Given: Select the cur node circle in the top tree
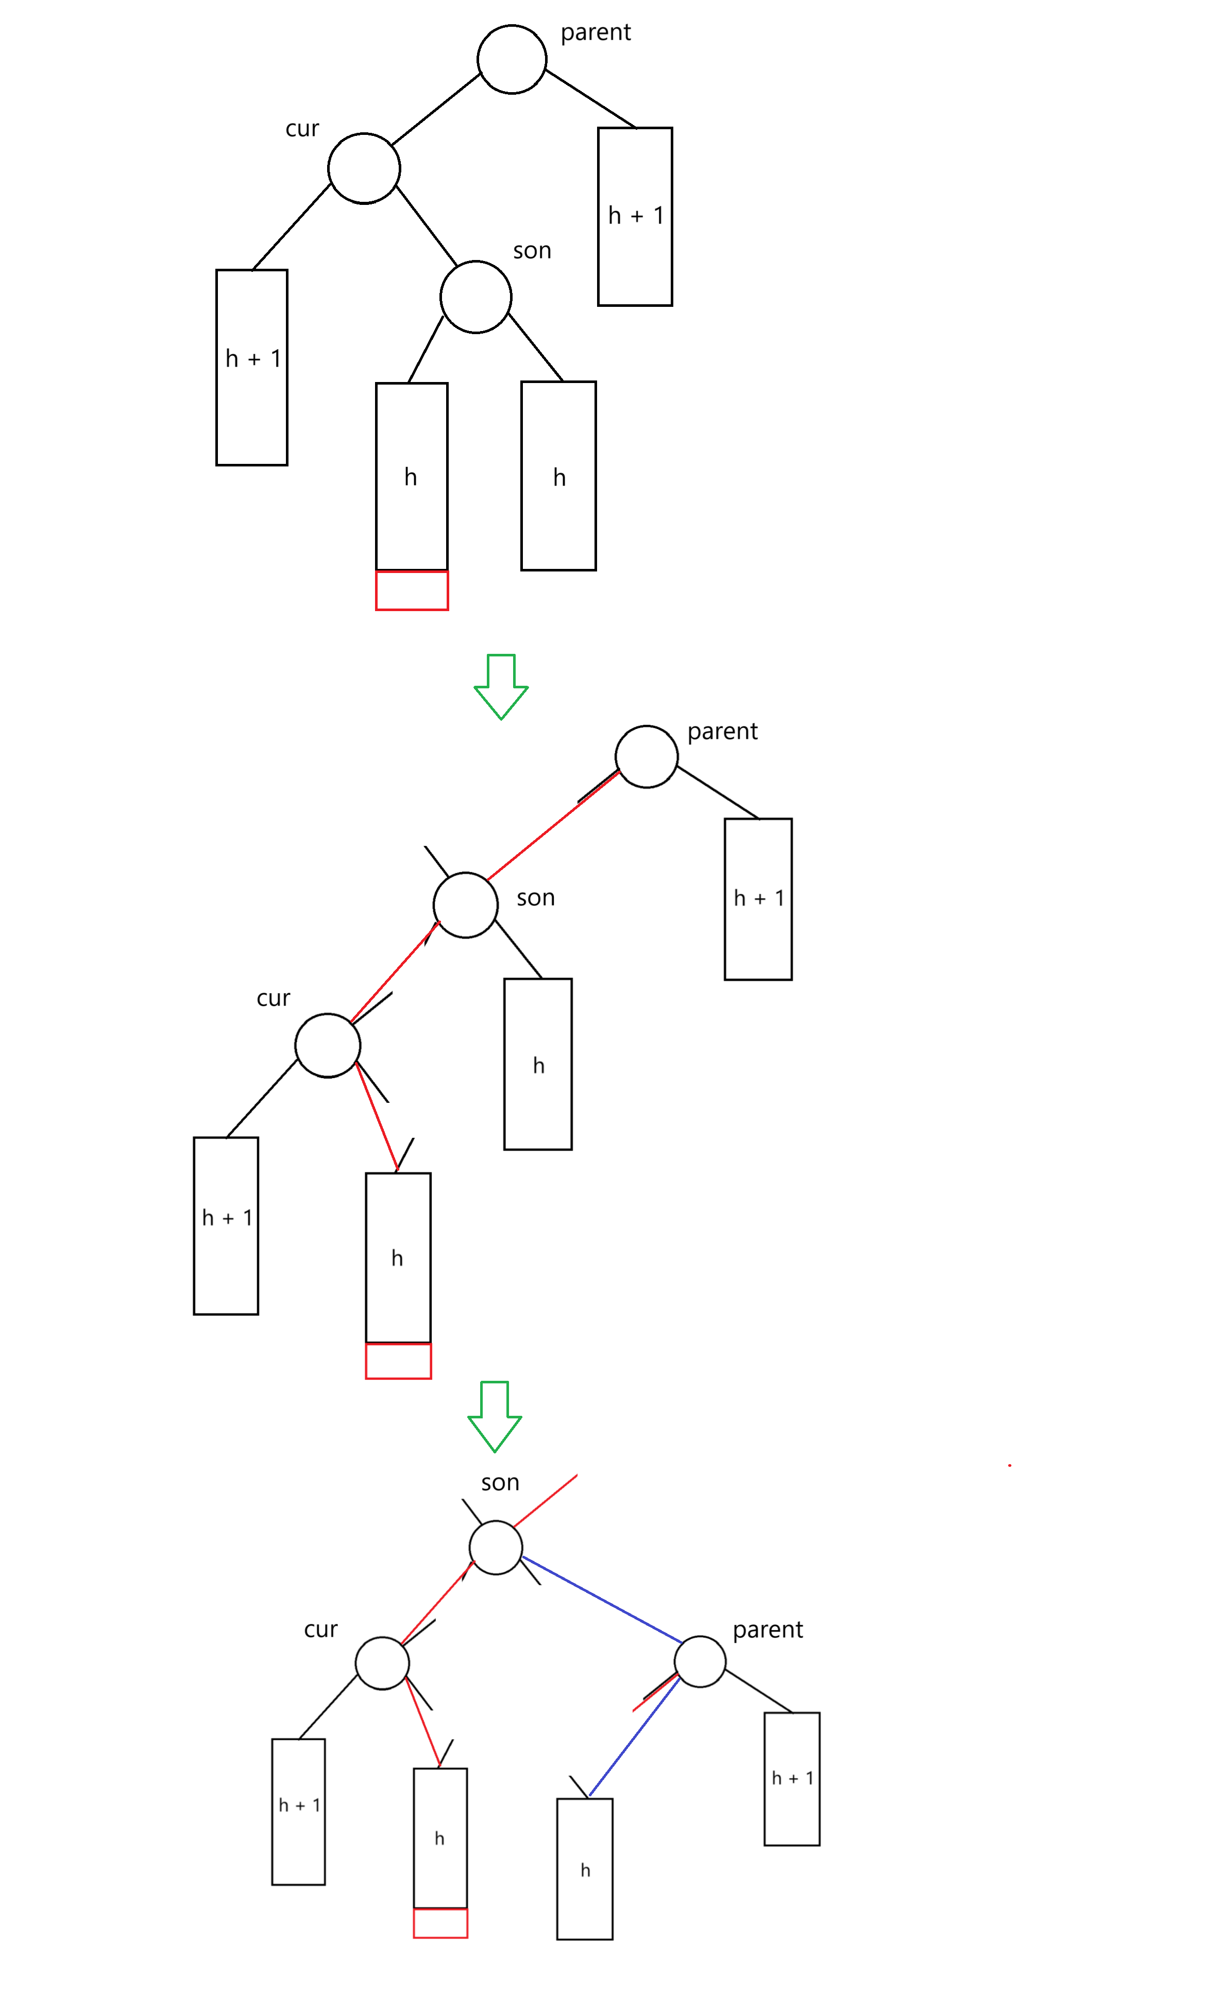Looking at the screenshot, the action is tap(364, 168).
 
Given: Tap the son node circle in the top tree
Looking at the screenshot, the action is tap(475, 297).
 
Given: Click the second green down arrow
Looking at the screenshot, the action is tap(494, 1416).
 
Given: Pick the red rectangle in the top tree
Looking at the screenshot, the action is tap(412, 590).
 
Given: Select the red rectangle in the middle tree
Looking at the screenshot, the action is tap(398, 1361).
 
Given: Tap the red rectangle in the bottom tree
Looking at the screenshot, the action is tap(440, 1923).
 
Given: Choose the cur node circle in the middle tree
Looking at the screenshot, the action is tap(327, 1045).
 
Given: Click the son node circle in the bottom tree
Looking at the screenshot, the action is tap(496, 1547).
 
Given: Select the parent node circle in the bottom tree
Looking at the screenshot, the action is tap(700, 1661).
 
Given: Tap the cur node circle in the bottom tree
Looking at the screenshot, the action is tap(381, 1663).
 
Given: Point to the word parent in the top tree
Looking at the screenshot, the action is tap(596, 32).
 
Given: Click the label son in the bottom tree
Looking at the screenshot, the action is tap(500, 1483).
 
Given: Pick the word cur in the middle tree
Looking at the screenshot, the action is tap(273, 998).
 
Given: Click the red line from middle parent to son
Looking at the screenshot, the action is tap(553, 826).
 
